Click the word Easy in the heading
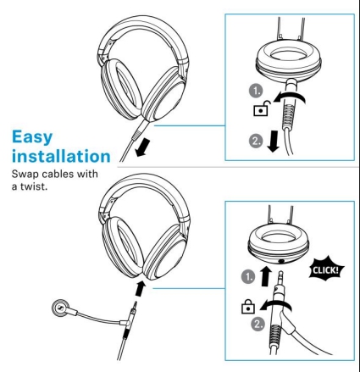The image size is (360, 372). click(32, 138)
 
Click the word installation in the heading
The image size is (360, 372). click(61, 156)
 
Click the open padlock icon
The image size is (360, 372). click(262, 108)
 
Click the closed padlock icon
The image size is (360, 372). click(248, 307)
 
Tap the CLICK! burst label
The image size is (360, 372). click(325, 269)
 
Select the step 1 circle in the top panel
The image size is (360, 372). click(256, 91)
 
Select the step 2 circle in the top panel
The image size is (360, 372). click(256, 141)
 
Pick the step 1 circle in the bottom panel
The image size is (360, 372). click(248, 276)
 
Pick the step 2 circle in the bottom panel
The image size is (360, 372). click(258, 324)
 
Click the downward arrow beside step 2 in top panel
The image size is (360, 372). click(273, 141)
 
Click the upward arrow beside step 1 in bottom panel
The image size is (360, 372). click(265, 276)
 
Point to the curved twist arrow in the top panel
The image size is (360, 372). click(291, 96)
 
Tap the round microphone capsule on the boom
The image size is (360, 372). click(60, 308)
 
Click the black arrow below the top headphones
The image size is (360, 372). click(142, 148)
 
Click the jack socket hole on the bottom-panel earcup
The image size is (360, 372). click(281, 262)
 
